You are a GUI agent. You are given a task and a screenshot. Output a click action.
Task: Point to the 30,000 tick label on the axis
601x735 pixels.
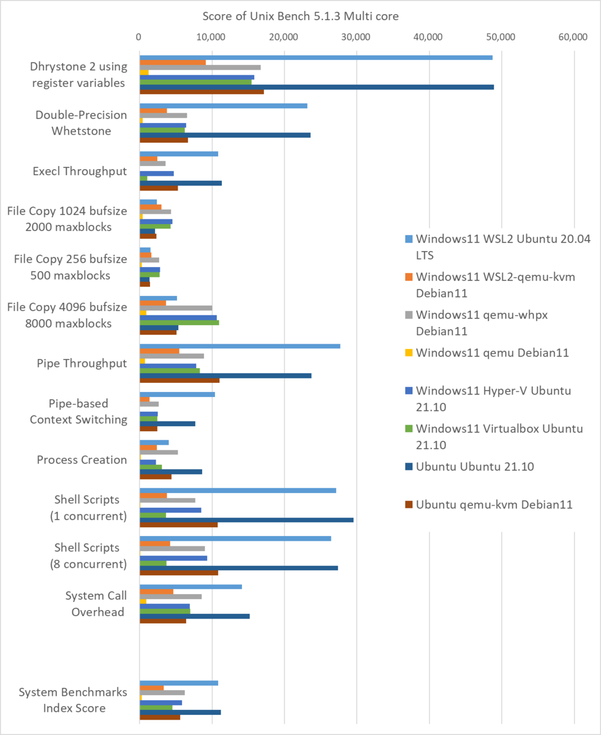(357, 37)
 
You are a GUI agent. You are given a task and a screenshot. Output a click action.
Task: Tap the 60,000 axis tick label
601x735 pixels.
(573, 37)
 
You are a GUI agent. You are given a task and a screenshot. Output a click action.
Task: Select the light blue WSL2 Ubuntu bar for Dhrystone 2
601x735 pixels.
(316, 58)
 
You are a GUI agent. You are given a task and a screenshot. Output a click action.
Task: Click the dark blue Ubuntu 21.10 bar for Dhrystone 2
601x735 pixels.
(316, 87)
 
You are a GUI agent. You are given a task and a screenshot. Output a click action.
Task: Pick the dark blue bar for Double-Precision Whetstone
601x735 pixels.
(225, 135)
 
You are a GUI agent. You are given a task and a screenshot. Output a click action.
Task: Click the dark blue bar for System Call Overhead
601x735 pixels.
(194, 616)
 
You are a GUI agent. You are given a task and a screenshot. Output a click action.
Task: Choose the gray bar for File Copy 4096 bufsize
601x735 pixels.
(176, 308)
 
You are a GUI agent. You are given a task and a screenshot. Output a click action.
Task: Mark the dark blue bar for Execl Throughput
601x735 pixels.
(181, 183)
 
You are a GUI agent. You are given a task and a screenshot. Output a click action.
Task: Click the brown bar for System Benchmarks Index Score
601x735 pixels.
(160, 717)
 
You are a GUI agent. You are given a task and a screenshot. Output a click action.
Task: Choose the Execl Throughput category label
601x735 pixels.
(80, 171)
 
